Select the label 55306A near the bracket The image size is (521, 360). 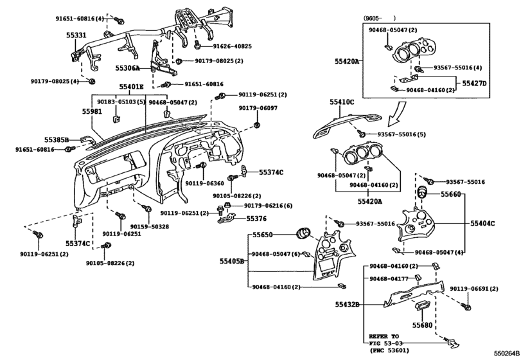click(x=128, y=67)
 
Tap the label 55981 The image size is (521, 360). click(x=92, y=111)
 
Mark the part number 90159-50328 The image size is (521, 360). click(x=150, y=226)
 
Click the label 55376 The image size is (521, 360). click(x=258, y=218)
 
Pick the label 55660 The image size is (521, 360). click(x=451, y=194)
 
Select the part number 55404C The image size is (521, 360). click(x=482, y=223)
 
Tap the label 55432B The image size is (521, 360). click(x=348, y=304)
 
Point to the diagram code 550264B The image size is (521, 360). click(x=506, y=353)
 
